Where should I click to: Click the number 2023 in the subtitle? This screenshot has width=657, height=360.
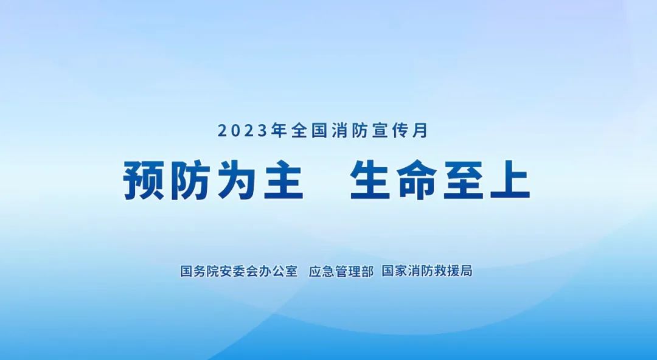pos(242,131)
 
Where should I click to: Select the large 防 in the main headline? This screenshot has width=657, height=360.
pos(190,181)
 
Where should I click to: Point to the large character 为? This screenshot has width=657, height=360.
pos(237,181)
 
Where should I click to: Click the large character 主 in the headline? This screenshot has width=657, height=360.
pos(283,181)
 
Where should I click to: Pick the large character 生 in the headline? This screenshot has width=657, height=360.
pos(371,181)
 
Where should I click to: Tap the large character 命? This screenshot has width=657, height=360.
pos(417,181)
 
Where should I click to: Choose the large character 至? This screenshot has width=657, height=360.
pos(464,181)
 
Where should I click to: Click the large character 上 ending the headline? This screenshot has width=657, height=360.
pos(510,181)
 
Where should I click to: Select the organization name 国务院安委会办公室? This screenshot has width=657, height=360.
pos(239,271)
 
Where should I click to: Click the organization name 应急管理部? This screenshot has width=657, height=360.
pos(341,271)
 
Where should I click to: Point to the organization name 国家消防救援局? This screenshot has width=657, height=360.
pos(427,271)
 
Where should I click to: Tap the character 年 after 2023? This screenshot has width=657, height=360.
pos(279,131)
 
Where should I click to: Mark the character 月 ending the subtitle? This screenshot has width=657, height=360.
pos(420,131)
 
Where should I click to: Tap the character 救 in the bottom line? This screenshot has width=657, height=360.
pos(440,271)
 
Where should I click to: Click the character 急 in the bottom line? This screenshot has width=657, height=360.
pos(328,271)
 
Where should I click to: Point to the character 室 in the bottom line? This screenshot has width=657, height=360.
pos(291,271)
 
